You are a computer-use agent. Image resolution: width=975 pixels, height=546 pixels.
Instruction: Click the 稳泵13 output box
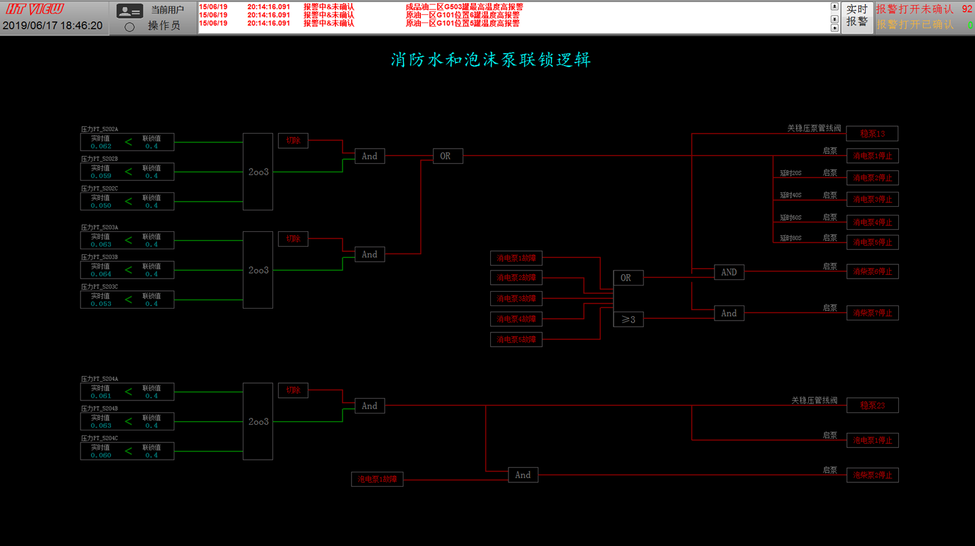tap(872, 134)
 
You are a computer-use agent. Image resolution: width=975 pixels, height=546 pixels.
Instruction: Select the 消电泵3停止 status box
tap(872, 200)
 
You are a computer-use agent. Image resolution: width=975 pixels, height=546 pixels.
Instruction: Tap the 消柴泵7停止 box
tap(872, 313)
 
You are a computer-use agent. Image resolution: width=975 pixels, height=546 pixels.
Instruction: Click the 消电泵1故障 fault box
tap(516, 258)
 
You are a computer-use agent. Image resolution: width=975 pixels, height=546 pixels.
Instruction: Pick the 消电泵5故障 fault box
tap(516, 340)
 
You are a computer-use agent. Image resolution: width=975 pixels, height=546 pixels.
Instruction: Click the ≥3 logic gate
tap(628, 320)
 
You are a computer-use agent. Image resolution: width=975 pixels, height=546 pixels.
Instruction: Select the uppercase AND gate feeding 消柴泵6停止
tap(729, 272)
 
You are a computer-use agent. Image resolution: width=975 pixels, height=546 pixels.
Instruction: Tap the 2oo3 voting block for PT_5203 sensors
tap(258, 270)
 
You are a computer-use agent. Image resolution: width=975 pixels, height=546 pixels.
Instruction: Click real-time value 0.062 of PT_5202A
tap(101, 146)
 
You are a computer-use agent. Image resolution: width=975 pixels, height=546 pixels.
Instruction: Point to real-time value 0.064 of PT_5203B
tap(101, 274)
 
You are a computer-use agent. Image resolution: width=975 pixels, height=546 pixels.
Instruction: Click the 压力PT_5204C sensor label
tap(99, 439)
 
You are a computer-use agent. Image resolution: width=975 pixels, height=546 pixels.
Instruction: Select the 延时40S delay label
tap(790, 196)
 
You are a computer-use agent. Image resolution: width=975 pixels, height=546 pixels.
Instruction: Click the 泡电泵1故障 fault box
tap(377, 480)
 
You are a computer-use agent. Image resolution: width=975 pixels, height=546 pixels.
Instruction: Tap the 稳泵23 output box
tap(872, 405)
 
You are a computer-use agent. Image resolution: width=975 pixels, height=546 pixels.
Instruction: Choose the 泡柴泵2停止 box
tap(872, 475)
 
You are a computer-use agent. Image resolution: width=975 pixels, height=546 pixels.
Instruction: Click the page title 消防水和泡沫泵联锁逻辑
tap(490, 60)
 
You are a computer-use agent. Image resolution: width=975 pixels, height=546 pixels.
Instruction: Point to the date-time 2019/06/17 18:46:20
tap(52, 26)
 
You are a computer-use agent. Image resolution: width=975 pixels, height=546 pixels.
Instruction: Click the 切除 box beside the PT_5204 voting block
tap(293, 390)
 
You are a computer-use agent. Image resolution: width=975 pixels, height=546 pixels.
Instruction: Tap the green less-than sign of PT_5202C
tap(128, 201)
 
